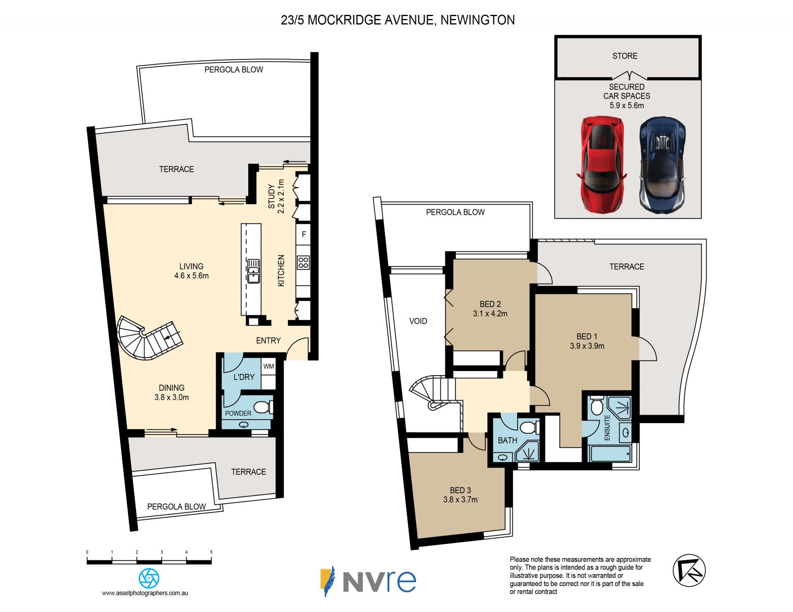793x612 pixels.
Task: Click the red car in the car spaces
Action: (x=601, y=164)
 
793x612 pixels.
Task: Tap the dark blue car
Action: (x=662, y=164)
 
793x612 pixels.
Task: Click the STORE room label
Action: (x=624, y=56)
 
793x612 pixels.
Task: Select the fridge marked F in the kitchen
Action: (x=304, y=234)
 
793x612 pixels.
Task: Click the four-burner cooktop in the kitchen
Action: (x=304, y=262)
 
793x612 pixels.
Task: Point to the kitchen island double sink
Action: (x=254, y=271)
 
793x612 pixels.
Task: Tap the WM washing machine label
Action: (x=268, y=366)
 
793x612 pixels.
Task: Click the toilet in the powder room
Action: (x=263, y=408)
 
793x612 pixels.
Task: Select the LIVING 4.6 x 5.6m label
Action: (x=191, y=271)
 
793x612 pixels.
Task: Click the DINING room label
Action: (x=171, y=388)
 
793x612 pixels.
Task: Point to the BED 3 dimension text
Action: (x=460, y=500)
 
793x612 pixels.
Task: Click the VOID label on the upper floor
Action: (x=418, y=321)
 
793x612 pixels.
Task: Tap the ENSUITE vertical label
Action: (x=607, y=428)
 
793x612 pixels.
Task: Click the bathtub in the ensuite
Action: (x=610, y=454)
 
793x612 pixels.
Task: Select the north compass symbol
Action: (x=689, y=571)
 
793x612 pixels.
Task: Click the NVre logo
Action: (x=368, y=581)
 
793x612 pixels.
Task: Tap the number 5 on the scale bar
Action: (x=211, y=552)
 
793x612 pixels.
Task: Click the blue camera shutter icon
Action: (x=149, y=579)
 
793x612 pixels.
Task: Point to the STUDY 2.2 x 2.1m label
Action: (x=276, y=196)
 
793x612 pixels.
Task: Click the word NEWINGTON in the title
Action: (x=477, y=20)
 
